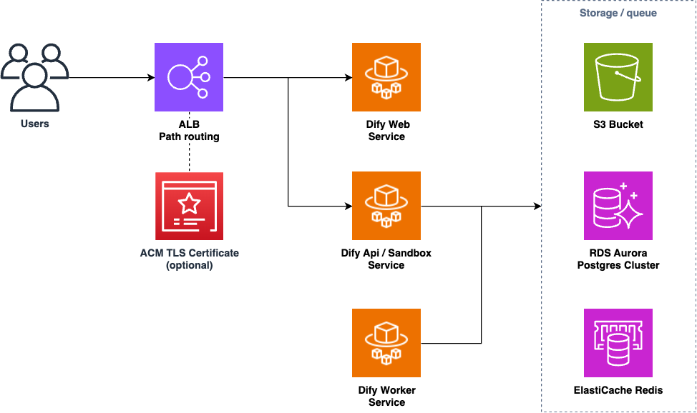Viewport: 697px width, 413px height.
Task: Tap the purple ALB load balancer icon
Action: [189, 77]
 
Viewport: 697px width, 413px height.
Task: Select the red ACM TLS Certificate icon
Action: [189, 206]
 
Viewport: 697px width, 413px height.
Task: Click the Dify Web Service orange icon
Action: [386, 77]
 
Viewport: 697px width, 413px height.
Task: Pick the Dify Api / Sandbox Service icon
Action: [386, 206]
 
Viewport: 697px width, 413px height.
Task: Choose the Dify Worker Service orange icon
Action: [386, 343]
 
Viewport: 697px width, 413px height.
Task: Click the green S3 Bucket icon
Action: [618, 77]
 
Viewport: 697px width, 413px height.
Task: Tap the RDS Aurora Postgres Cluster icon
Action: [618, 206]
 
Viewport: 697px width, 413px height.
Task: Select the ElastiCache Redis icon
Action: [618, 343]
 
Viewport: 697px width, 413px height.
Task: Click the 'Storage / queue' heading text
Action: [618, 13]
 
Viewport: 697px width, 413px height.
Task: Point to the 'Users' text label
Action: [34, 124]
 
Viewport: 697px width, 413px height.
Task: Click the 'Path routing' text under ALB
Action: [189, 136]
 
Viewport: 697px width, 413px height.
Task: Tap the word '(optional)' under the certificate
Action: [189, 265]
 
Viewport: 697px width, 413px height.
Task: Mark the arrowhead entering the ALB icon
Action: [151, 77]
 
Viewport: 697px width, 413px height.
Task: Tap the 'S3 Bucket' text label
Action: [618, 124]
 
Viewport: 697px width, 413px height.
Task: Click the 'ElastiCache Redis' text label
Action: [618, 390]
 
